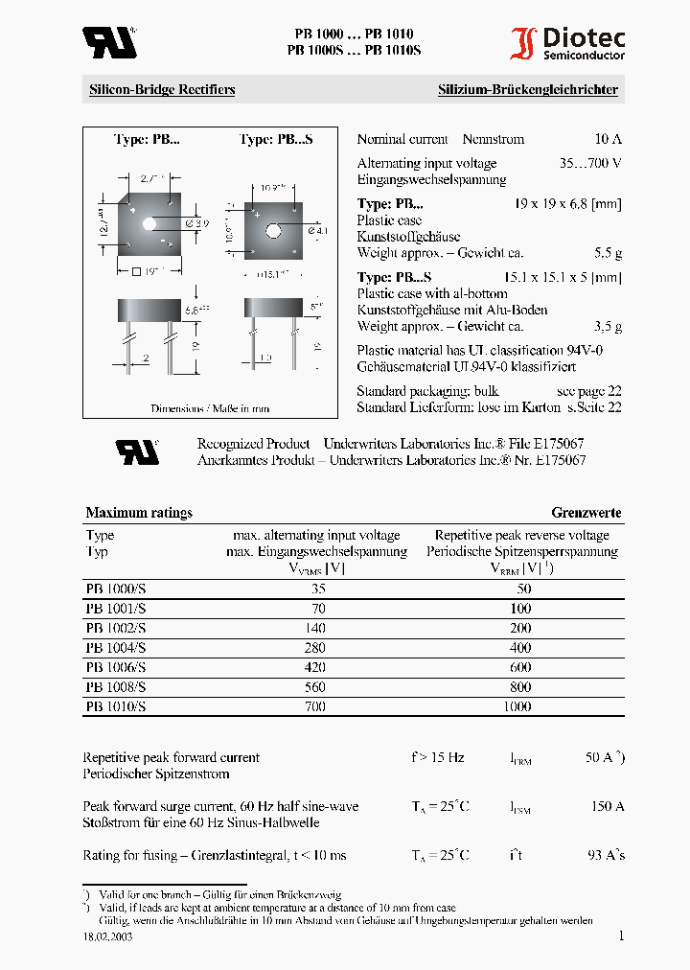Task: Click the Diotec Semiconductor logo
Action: [567, 44]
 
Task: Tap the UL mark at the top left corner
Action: [108, 42]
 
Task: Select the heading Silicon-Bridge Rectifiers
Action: [162, 90]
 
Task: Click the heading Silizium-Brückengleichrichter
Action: [528, 90]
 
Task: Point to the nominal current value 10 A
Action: [608, 139]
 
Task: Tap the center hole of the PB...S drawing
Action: [273, 230]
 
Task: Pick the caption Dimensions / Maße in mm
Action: [210, 408]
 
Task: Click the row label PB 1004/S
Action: [116, 648]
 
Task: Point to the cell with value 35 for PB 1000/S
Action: [318, 589]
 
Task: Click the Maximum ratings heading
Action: [139, 513]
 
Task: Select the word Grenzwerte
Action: [586, 513]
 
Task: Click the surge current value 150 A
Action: [607, 806]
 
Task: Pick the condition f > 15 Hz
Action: [438, 757]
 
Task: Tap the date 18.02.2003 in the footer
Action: [107, 937]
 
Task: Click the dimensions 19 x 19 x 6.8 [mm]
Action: [568, 204]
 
